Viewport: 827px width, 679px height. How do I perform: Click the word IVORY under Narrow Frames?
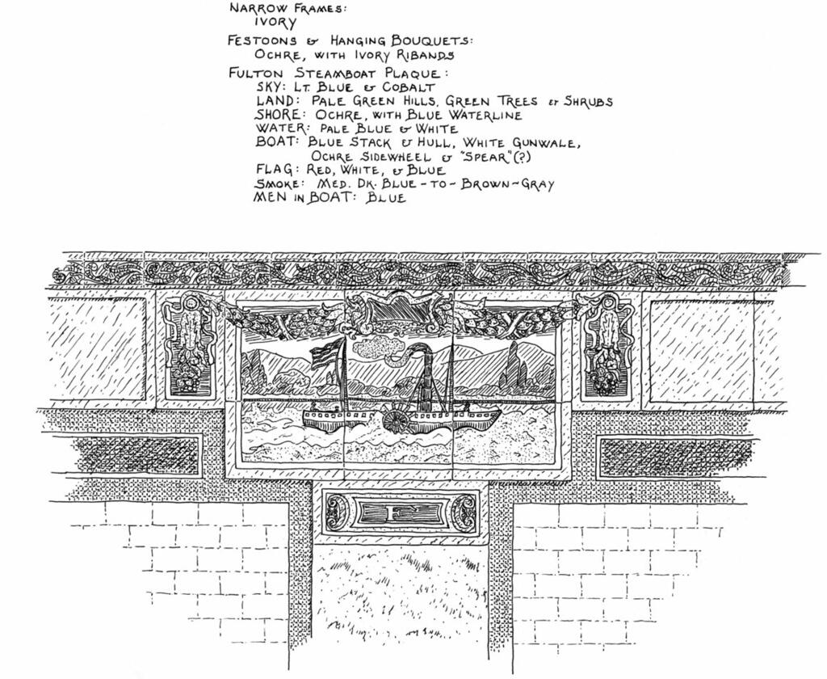point(275,22)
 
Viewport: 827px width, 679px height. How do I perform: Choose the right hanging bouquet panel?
point(608,348)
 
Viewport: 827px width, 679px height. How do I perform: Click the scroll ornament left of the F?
point(340,512)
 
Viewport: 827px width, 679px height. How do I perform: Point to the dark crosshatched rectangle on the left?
point(137,455)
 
